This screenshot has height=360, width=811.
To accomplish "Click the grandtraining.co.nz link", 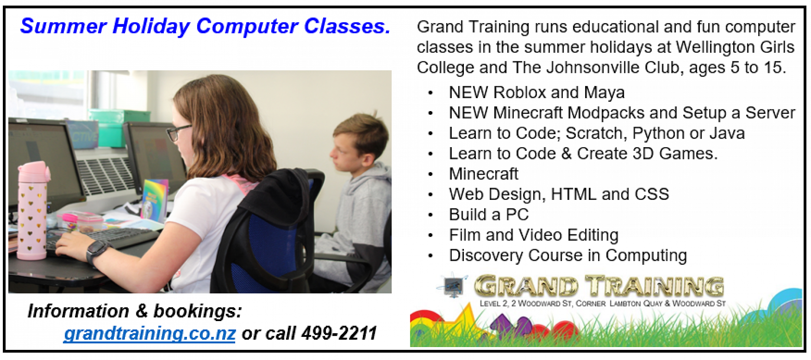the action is pyautogui.click(x=150, y=334).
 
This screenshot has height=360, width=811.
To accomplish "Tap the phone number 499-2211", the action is pyautogui.click(x=339, y=333).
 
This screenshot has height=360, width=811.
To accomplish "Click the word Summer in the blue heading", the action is pyautogui.click(x=63, y=26).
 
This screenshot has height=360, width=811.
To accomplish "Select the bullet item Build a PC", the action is pyautogui.click(x=489, y=214).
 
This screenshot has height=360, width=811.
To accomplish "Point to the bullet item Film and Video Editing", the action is pyautogui.click(x=534, y=235).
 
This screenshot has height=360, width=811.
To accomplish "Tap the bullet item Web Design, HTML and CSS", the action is pyautogui.click(x=559, y=194).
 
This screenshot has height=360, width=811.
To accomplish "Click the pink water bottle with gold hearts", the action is pyautogui.click(x=32, y=210).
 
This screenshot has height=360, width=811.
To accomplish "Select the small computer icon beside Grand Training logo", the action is pyautogui.click(x=453, y=286).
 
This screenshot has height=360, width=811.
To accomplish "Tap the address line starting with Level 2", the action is pyautogui.click(x=603, y=303).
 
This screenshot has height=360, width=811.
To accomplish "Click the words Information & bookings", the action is pyautogui.click(x=135, y=311).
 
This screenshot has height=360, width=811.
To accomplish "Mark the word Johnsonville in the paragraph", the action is pyautogui.click(x=592, y=67).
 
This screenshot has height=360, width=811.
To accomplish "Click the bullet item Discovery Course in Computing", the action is pyautogui.click(x=568, y=255).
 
